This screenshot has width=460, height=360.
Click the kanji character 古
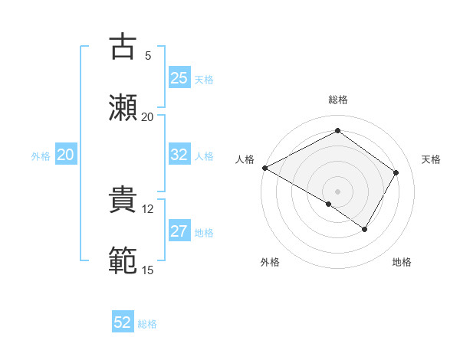tap(123, 47)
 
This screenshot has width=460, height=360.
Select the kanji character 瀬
tap(123, 108)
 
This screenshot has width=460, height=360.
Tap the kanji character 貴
tap(123, 201)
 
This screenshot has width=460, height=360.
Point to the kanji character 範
tap(123, 261)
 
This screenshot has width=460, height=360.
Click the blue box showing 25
tap(179, 77)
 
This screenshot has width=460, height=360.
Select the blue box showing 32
tap(179, 155)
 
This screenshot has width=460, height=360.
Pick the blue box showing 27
tap(179, 232)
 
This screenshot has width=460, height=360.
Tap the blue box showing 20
tap(66, 155)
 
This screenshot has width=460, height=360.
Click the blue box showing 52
tap(123, 322)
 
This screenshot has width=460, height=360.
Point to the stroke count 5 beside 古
tap(148, 55)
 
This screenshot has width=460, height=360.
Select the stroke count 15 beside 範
tap(148, 270)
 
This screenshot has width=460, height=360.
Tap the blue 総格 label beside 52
tap(147, 324)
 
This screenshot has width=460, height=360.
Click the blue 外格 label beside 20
tap(41, 155)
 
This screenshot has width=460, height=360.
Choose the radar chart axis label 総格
tap(338, 100)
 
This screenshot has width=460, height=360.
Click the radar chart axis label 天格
tap(431, 159)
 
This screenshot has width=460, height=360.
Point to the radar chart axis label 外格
tap(270, 262)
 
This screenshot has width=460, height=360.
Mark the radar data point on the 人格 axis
tap(264, 168)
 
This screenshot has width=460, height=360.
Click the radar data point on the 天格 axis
tap(396, 172)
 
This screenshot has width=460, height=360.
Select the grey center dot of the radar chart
tap(338, 191)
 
